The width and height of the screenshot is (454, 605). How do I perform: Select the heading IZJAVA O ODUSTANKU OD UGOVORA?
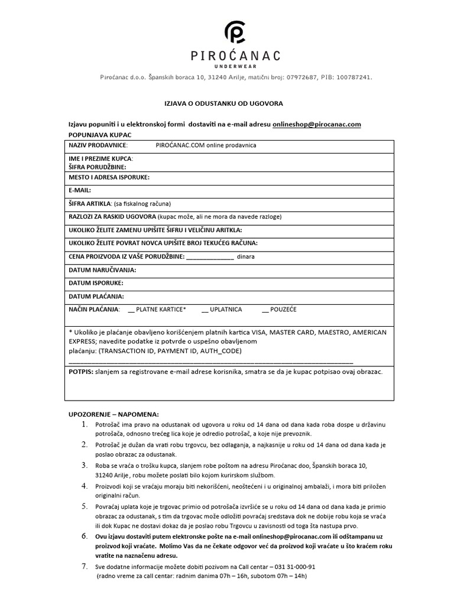(223, 103)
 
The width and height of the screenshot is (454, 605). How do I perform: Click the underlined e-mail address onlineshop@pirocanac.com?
(317, 124)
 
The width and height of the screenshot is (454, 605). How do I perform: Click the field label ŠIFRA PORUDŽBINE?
(98, 167)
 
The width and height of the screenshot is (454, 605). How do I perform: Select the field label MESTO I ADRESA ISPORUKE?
(109, 177)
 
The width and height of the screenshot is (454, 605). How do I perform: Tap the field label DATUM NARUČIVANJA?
(103, 269)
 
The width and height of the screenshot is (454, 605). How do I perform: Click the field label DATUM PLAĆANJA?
(97, 296)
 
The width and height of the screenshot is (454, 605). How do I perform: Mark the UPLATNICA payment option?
(222, 309)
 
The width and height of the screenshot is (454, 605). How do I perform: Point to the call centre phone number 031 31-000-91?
(291, 565)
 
